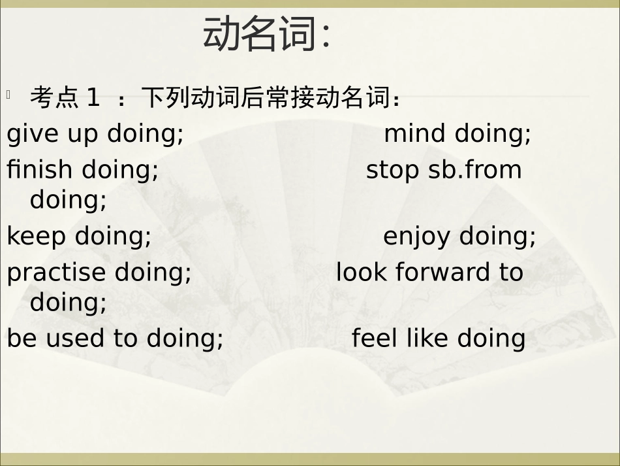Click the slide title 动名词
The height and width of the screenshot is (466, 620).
tap(266, 34)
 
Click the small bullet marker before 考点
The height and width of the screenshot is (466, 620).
tap(9, 95)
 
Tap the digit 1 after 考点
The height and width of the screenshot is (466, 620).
tap(93, 98)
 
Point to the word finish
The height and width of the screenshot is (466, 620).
tap(39, 170)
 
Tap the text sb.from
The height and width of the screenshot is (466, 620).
tap(475, 170)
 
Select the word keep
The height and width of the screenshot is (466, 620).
tap(37, 236)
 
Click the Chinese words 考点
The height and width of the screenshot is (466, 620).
tap(54, 98)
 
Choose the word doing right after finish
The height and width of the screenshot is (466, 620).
tap(120, 170)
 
